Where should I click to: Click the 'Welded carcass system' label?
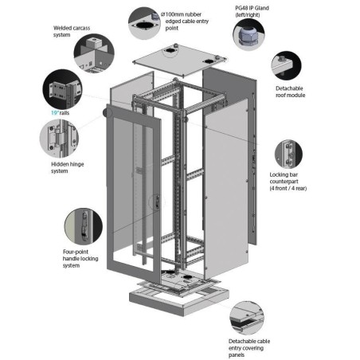(x=72, y=31)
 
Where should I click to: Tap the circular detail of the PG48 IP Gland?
(x=248, y=34)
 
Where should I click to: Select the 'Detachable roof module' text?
(x=290, y=92)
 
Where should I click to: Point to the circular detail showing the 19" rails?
(x=62, y=89)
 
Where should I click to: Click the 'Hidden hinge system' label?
(x=68, y=167)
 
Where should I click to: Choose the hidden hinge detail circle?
(x=59, y=139)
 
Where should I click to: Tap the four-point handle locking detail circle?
(x=84, y=226)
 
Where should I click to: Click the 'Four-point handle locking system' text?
(x=80, y=258)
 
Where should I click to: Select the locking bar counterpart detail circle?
(x=288, y=154)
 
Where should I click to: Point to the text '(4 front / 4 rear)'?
(x=288, y=188)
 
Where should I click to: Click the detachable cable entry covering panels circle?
(x=247, y=318)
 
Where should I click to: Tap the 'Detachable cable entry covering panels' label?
(x=249, y=348)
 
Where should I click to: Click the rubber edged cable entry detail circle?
(x=144, y=23)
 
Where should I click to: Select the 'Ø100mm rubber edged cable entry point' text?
(x=185, y=21)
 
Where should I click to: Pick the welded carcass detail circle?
(x=94, y=53)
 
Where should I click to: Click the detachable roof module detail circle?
(x=286, y=65)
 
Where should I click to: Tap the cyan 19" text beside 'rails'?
(x=54, y=113)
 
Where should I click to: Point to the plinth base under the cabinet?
(x=179, y=298)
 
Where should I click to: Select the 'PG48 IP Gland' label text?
(x=252, y=8)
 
